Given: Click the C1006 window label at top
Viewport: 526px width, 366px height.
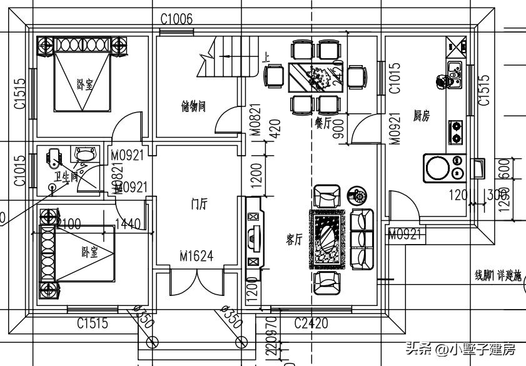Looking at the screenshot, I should pos(177,19).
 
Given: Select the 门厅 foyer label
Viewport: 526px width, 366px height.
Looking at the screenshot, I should pos(198,205).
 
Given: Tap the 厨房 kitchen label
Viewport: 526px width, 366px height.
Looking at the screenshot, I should pos(422,116).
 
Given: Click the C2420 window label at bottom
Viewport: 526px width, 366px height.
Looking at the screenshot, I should pos(311,323).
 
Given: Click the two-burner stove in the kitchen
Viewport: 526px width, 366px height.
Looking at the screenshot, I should pos(456,132).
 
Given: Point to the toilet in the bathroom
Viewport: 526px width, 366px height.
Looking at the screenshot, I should pos(54,158).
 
